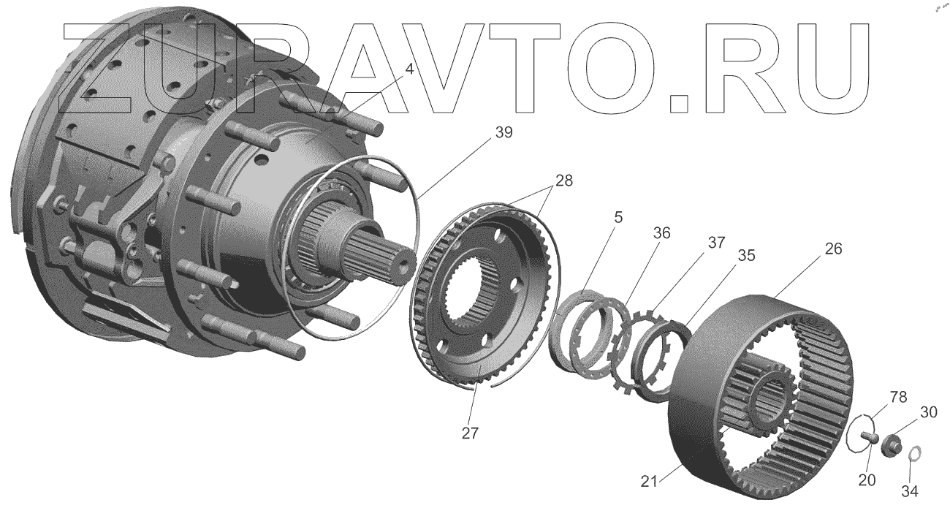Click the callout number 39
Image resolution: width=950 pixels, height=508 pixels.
(x=503, y=132)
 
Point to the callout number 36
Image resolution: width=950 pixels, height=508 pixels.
(x=661, y=232)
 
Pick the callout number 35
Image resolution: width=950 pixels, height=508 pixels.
(x=726, y=256)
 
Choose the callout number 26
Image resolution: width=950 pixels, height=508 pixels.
(x=832, y=249)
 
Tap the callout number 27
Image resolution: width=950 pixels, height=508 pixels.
(x=470, y=433)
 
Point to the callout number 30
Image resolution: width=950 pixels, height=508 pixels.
(x=928, y=413)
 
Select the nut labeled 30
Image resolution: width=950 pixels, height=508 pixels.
(x=889, y=445)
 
